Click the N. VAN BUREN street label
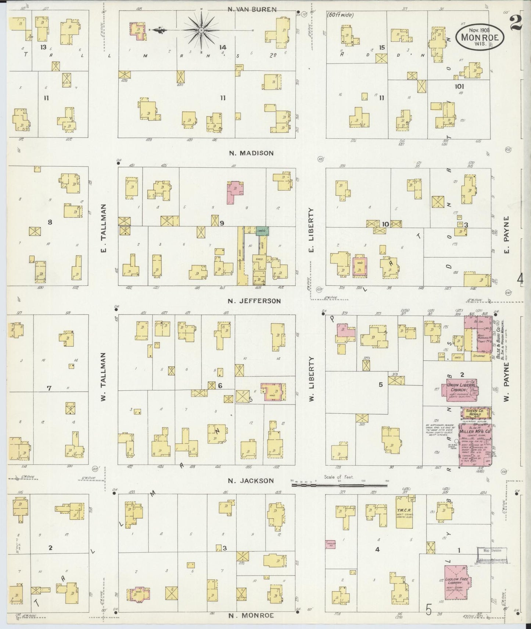[x=252, y=10]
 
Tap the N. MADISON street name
[x=251, y=153]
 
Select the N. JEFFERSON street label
[x=254, y=301]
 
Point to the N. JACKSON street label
[x=251, y=481]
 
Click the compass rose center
[x=201, y=29]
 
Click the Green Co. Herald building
[x=476, y=413]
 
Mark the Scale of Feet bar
[x=339, y=485]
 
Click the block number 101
[x=459, y=87]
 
